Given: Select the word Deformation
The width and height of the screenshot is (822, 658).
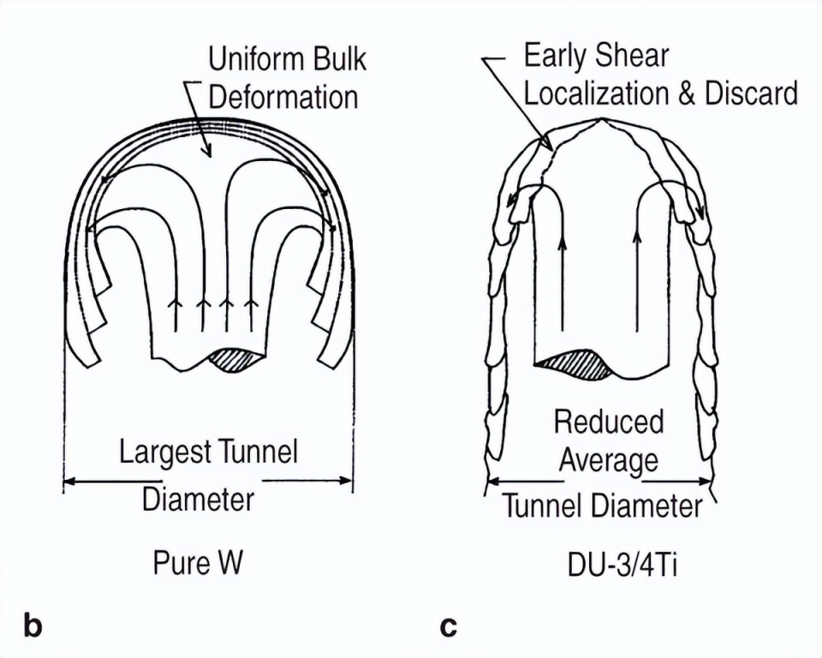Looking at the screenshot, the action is pos(283,97).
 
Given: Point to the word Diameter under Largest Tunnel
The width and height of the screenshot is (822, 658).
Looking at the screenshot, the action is pos(198,499).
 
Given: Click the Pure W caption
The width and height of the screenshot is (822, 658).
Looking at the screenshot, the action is pos(198,563).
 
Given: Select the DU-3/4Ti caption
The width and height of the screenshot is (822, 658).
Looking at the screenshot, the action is pos(622,565).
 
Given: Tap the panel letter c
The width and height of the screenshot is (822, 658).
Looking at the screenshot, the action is pos(449,627).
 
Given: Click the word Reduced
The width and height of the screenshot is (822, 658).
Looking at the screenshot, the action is pos(609,422).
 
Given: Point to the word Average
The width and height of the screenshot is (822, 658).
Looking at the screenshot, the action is pos(609,461).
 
